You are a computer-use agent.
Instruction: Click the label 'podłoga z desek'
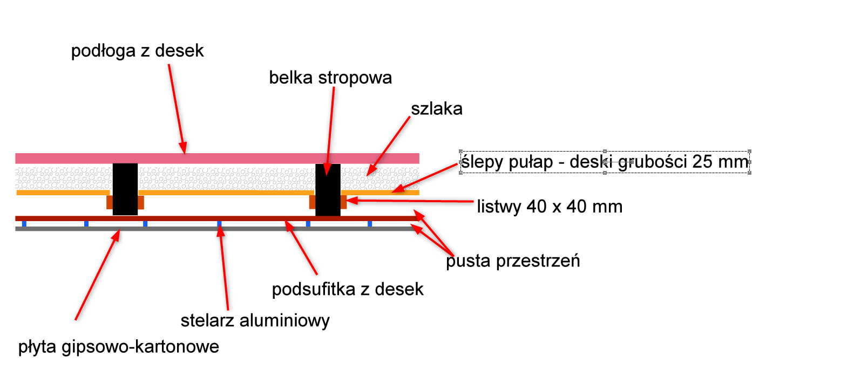point(137,51)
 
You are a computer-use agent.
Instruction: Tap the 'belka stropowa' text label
point(330,78)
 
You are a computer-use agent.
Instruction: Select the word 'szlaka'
point(436,109)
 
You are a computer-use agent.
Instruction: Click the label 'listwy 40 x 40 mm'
point(549,207)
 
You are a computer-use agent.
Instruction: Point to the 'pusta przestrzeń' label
point(513,261)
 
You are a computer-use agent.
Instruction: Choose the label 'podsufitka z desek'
point(347,290)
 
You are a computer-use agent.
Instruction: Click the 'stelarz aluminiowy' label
point(255,321)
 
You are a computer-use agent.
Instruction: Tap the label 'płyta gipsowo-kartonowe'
point(119,346)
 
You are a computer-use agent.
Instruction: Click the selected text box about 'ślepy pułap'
point(605,162)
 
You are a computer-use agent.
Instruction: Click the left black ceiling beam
point(125,189)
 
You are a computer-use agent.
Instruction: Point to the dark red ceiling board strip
point(162,218)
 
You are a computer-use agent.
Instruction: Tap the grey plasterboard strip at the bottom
point(162,229)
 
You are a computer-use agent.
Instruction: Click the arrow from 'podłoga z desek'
point(177,108)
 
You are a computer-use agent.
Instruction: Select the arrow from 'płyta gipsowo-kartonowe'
point(97,275)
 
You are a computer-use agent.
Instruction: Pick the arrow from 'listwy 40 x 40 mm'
point(410,201)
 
